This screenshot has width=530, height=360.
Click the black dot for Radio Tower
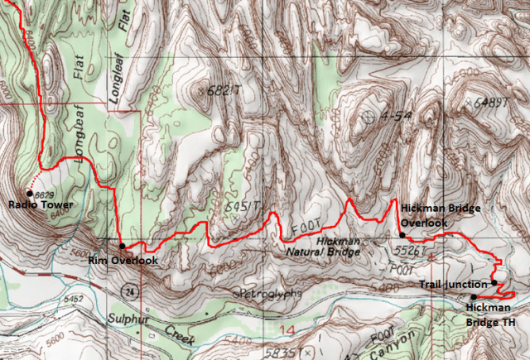pos(30,193)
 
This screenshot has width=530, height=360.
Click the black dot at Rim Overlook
pos(123,246)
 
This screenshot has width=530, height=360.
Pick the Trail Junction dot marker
pos(494,283)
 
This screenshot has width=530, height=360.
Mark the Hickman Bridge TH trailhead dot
pos(474,296)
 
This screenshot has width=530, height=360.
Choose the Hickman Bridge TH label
pos(490,314)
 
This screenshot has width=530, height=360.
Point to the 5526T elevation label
pos(412,249)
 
